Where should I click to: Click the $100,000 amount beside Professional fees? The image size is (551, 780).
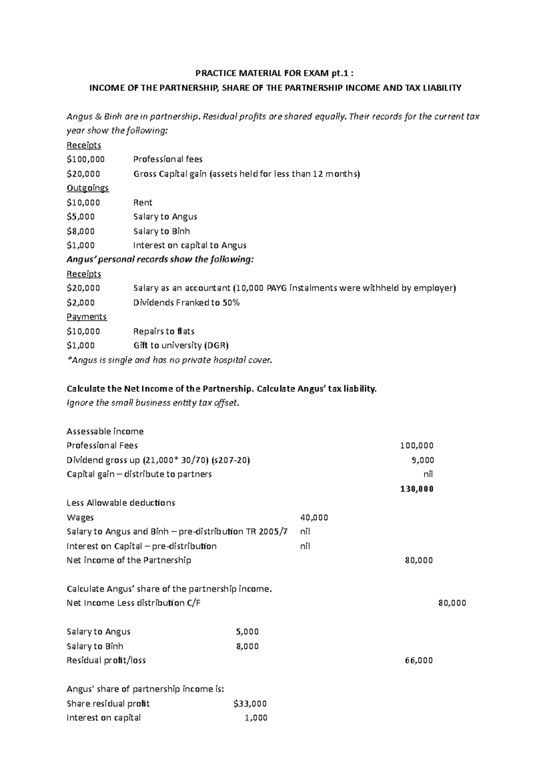(x=85, y=159)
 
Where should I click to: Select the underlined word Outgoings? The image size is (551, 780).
(x=88, y=188)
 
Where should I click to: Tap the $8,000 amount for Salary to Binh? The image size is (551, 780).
(x=81, y=231)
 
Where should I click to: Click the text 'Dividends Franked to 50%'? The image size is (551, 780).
(x=186, y=303)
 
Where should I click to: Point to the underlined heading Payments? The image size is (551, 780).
(x=86, y=317)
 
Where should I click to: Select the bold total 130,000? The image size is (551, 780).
(x=416, y=489)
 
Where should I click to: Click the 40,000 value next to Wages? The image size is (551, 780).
(x=314, y=518)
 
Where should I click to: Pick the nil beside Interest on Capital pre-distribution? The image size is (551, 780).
(x=305, y=546)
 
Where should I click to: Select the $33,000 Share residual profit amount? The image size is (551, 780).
(x=250, y=704)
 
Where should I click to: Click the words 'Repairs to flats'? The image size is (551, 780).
(x=164, y=331)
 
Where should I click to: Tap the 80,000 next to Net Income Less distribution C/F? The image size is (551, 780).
(x=452, y=603)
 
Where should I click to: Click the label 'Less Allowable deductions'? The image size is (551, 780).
(x=121, y=503)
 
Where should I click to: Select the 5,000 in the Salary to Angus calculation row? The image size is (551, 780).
(x=247, y=632)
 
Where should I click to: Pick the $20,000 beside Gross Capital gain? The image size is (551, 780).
(x=83, y=174)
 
